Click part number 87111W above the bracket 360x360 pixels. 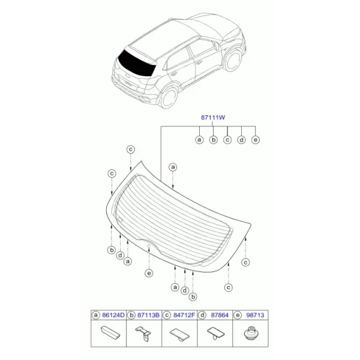click(213, 118)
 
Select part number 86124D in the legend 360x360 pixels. click(113, 315)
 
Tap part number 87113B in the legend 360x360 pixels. click(148, 315)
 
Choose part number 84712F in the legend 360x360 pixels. click(184, 315)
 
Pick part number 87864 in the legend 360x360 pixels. click(220, 315)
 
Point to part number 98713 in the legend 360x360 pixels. click(255, 315)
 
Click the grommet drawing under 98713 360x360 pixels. click(250, 334)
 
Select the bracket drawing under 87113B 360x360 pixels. click(144, 334)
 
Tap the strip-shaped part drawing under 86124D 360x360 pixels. click(110, 332)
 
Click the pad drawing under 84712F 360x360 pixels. click(179, 334)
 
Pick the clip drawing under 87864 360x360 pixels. click(215, 333)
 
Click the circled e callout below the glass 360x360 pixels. click(149, 273)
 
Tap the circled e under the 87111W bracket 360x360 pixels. click(256, 140)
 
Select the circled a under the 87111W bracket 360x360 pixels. click(199, 140)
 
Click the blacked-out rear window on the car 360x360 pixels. click(136, 62)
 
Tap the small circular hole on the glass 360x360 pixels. click(149, 246)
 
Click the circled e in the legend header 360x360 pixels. click(238, 315)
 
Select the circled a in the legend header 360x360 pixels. click(95, 315)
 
